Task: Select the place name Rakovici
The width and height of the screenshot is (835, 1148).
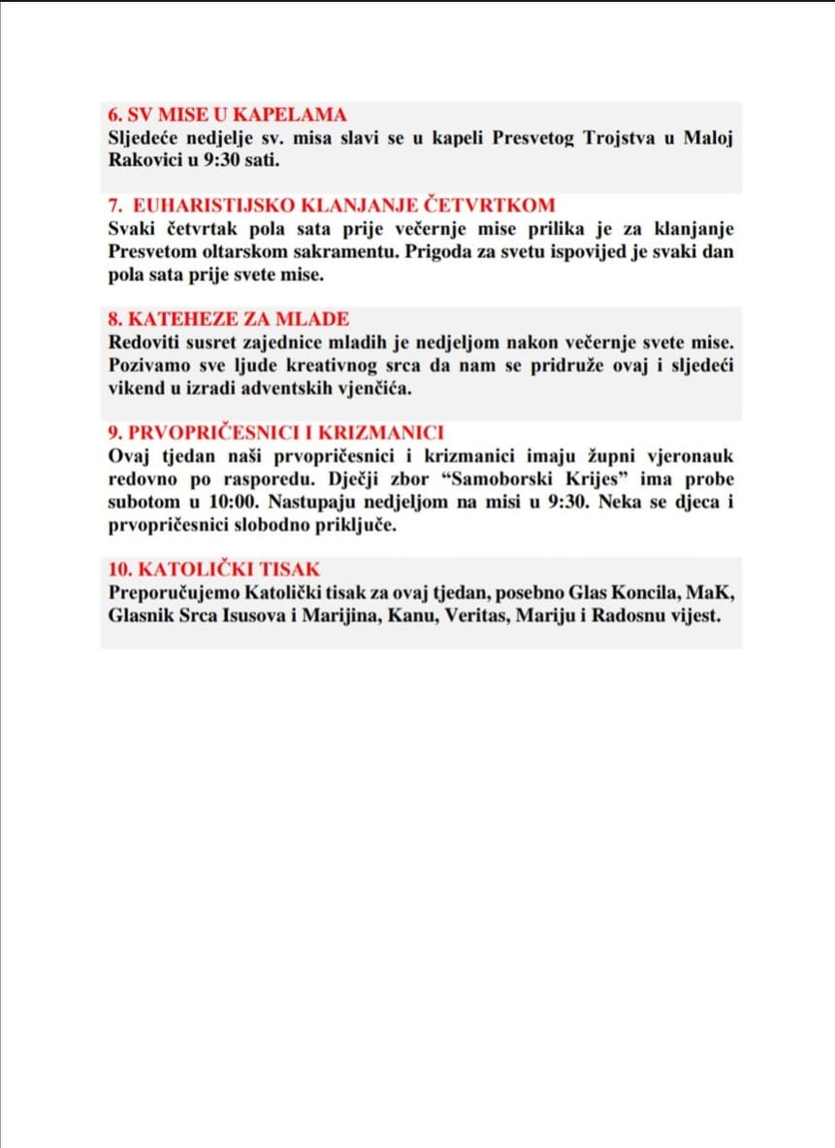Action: click(146, 158)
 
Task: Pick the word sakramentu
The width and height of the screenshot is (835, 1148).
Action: click(355, 251)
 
